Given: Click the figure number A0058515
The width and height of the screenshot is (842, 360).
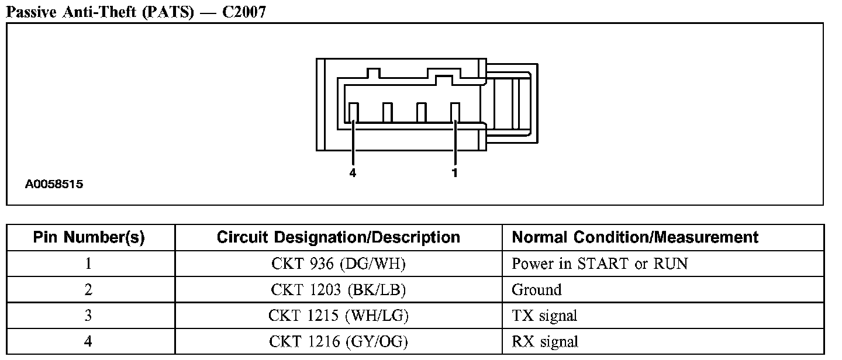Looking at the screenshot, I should (x=54, y=185).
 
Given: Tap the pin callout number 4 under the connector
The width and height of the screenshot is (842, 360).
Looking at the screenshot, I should (x=353, y=173).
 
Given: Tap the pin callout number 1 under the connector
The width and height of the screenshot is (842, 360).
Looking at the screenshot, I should (x=455, y=173).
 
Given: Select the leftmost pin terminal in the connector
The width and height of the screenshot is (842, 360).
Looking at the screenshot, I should (x=353, y=112).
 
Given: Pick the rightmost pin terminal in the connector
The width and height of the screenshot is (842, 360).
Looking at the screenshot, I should (x=455, y=112).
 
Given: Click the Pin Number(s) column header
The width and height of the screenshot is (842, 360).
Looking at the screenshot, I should (x=89, y=237).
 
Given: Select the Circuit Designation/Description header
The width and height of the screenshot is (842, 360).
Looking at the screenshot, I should (x=338, y=237).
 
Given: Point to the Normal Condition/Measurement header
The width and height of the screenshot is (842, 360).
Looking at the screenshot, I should (x=635, y=237).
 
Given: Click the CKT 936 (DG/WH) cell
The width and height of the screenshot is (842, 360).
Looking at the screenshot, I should (x=338, y=264).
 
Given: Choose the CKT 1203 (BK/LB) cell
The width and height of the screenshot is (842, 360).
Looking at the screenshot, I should (x=338, y=290).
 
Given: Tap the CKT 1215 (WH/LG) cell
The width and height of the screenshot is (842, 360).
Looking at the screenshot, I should (x=338, y=316).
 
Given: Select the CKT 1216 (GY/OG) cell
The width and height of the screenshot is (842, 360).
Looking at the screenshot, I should (x=338, y=342).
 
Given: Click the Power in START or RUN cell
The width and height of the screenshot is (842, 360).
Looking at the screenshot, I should (x=599, y=264).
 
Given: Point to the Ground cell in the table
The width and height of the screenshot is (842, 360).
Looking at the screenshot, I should (x=536, y=290).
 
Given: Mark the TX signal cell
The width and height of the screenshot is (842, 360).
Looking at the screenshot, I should (x=544, y=316).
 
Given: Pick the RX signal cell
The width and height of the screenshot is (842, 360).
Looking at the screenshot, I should (x=545, y=342).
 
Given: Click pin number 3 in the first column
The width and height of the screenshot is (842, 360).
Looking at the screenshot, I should (x=88, y=316).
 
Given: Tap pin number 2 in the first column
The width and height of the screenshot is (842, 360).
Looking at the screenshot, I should (x=88, y=290).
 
